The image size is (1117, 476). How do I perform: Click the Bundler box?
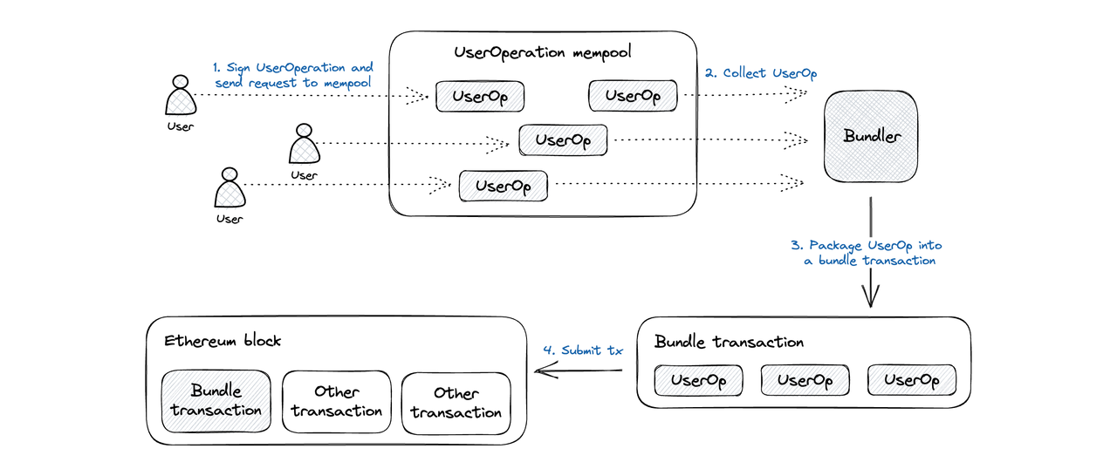[x=871, y=136]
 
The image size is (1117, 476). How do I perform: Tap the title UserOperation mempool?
[x=543, y=52]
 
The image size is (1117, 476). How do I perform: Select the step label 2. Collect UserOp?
[x=761, y=74]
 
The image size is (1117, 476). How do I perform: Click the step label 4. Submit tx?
[x=583, y=350]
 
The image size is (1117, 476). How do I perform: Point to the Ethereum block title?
[x=223, y=341]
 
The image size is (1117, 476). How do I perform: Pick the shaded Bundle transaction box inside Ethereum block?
[x=216, y=401]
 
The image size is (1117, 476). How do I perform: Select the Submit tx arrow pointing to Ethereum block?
[x=579, y=370]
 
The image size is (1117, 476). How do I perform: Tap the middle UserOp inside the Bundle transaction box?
[x=805, y=381]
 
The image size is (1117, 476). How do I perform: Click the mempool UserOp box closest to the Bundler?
[x=633, y=96]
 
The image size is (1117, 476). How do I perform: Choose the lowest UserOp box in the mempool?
[x=504, y=187]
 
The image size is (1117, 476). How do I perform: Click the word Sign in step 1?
[x=238, y=68]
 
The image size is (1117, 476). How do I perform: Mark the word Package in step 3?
[x=835, y=246]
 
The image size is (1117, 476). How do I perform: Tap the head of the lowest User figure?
[x=230, y=174]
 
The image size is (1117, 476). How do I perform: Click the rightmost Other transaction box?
[x=456, y=404]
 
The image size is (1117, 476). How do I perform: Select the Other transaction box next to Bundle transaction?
[x=337, y=402]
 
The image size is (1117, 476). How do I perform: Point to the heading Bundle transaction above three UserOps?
[x=729, y=342]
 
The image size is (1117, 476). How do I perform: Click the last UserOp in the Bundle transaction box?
[x=912, y=380]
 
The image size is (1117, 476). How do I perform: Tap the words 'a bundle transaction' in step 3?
[x=870, y=261]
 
